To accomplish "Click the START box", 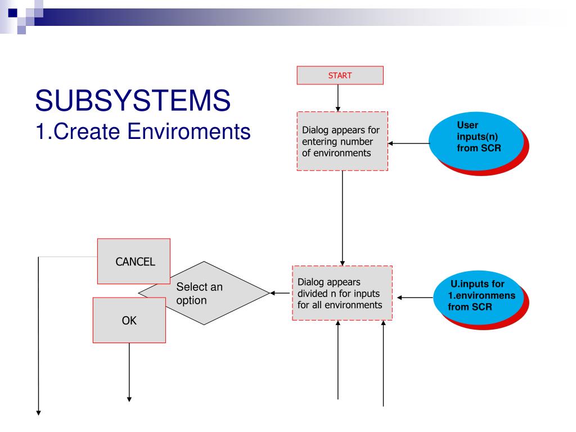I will [x=340, y=75].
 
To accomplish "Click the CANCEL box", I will [x=134, y=261].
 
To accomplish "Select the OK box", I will [x=129, y=321].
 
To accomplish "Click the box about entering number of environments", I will [x=342, y=141].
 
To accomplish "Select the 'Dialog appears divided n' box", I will [x=342, y=292].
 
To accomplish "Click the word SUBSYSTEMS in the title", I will [x=133, y=101].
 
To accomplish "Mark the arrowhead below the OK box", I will [x=129, y=399].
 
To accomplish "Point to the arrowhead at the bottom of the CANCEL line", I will [x=39, y=412].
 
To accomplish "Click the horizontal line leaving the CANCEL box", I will [x=67, y=256].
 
